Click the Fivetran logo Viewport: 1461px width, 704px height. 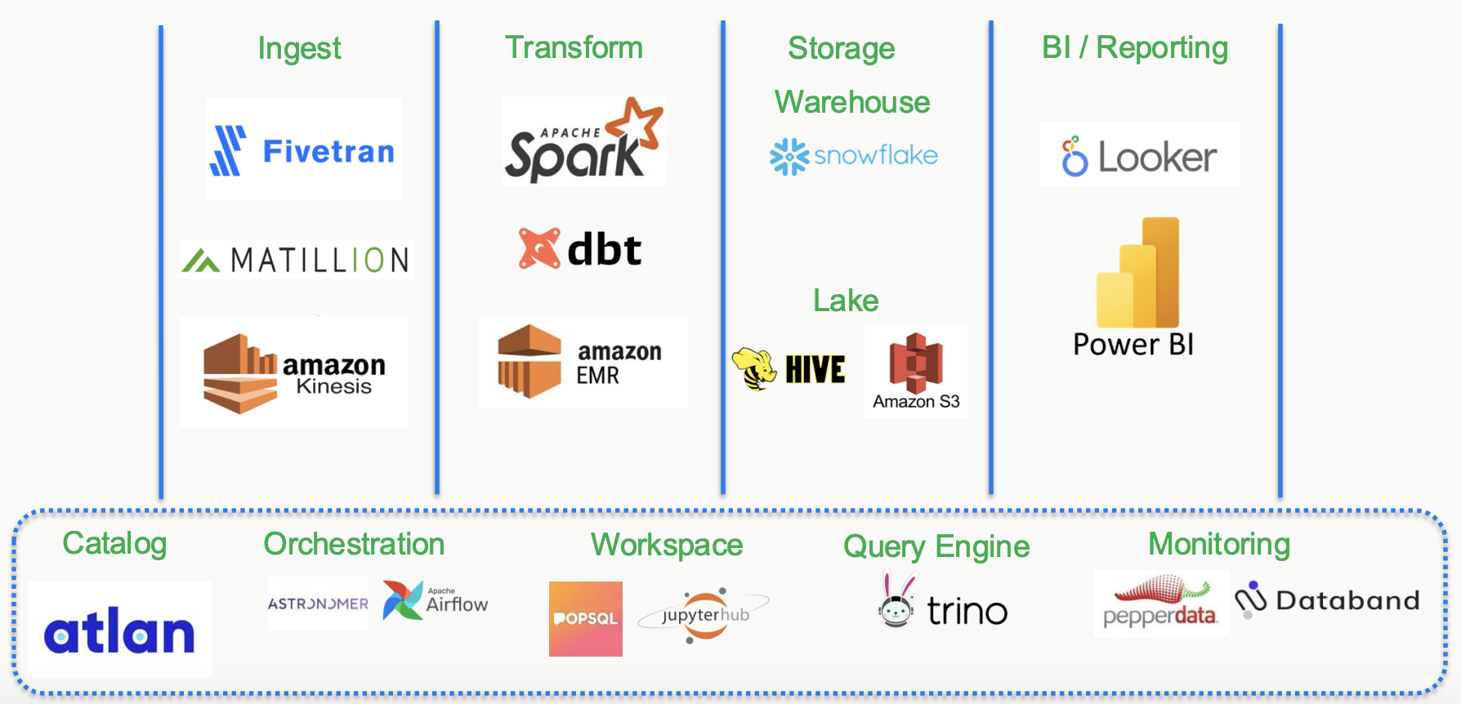pyautogui.click(x=303, y=150)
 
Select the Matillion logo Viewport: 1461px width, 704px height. pyautogui.click(x=296, y=261)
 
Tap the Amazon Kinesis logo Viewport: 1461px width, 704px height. pyautogui.click(x=294, y=372)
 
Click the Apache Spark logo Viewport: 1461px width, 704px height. pyautogui.click(x=583, y=141)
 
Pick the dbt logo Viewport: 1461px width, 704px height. pyautogui.click(x=580, y=249)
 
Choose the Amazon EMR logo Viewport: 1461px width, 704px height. pyautogui.click(x=582, y=363)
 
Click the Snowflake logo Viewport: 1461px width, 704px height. pyautogui.click(x=854, y=156)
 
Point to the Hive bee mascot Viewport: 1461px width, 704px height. pyautogui.click(x=754, y=369)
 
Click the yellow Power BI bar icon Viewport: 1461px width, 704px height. pyautogui.click(x=1137, y=274)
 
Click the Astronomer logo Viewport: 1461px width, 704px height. pyautogui.click(x=318, y=604)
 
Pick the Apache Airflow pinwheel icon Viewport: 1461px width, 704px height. pyautogui.click(x=402, y=600)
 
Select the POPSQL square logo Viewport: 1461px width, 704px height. pyautogui.click(x=585, y=619)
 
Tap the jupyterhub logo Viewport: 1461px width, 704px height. pyautogui.click(x=704, y=615)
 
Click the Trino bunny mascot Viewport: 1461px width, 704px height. pyautogui.click(x=897, y=601)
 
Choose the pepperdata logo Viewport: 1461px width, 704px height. pyautogui.click(x=1160, y=604)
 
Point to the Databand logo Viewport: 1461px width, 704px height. pyautogui.click(x=1327, y=601)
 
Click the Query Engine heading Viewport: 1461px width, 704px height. pyautogui.click(x=936, y=546)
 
